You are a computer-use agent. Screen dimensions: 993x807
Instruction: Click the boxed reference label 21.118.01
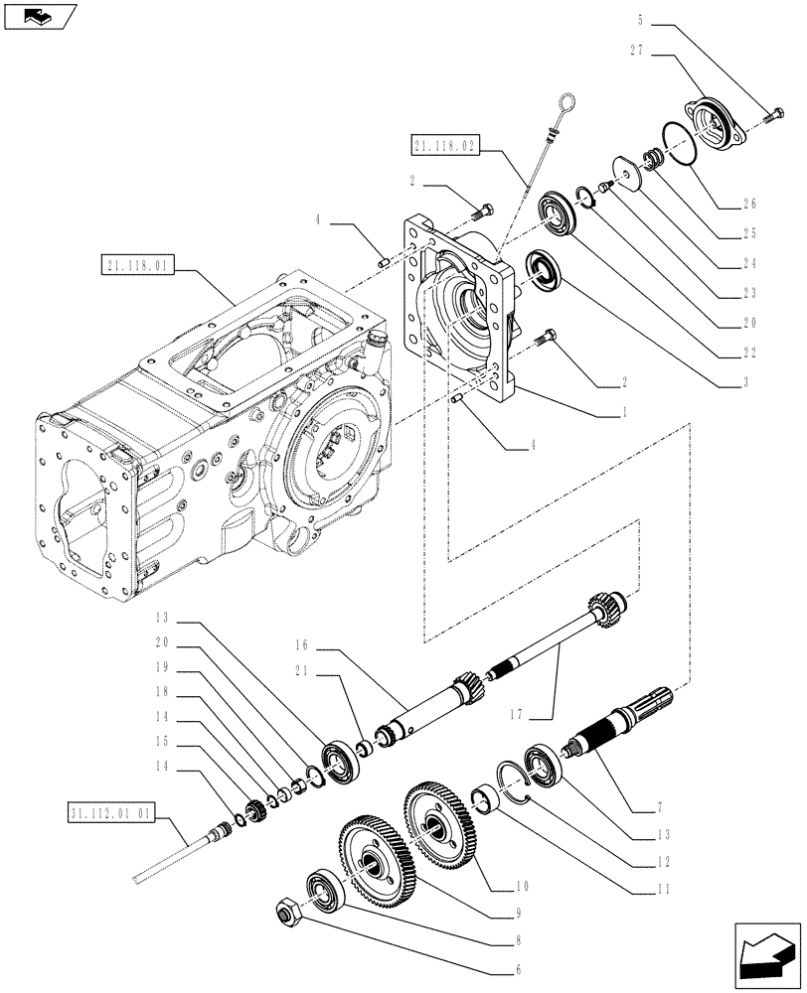pos(137,265)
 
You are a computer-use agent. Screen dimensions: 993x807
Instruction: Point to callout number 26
pos(748,205)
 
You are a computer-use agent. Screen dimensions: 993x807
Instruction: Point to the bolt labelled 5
pos(774,117)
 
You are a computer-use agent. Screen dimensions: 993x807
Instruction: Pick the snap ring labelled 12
pos(511,780)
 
